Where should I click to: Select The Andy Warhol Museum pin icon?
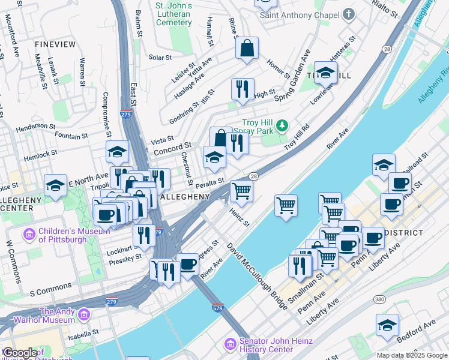pos(83,314)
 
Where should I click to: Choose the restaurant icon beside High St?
pos(243,89)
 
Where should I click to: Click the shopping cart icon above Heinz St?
pos(241,191)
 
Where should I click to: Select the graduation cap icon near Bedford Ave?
pos(387,325)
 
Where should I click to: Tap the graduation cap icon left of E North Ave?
pos(55,185)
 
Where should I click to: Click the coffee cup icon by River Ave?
pos(188,263)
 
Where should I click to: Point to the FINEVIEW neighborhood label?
pos(55,44)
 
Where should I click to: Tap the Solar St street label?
pos(160,58)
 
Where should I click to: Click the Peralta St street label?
pos(209,181)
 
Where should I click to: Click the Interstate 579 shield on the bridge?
pos(218,308)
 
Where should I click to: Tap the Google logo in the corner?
pos(20,353)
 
